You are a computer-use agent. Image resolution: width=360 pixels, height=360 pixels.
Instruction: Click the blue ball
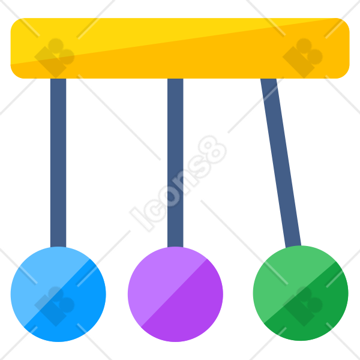point(58,294)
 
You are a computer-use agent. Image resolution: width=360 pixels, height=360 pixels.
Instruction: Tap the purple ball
point(175,294)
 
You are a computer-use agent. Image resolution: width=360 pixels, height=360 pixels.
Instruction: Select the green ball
point(301,293)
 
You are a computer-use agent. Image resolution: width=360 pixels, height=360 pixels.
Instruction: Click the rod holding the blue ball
point(58,163)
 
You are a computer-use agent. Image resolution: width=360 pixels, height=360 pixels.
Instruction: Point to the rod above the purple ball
point(175,163)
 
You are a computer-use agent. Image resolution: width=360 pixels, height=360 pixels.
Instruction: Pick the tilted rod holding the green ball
point(281,163)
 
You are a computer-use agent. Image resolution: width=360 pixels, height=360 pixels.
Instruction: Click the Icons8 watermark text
point(178,184)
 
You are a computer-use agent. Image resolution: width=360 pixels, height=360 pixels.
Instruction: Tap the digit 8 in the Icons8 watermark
point(212,149)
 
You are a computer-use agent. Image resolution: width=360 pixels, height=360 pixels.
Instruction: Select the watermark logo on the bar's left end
point(55,58)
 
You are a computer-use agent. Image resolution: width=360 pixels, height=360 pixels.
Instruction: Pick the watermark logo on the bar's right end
point(302,58)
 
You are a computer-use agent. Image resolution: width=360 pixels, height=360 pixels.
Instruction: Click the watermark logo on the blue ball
point(55,306)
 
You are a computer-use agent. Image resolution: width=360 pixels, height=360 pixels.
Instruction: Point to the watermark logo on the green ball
point(302,306)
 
